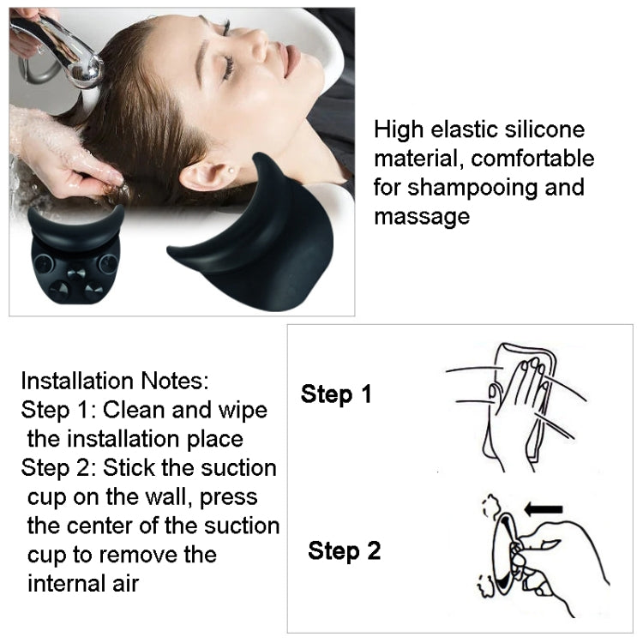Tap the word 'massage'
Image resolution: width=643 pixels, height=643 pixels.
tap(422, 216)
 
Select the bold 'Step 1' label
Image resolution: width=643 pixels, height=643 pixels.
tap(336, 394)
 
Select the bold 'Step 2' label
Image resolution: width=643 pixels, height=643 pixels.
tap(344, 550)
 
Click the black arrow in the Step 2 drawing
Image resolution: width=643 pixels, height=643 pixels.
tap(542, 509)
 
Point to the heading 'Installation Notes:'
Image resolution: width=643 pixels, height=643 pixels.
tap(114, 381)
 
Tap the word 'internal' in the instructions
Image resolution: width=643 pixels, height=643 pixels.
tap(75, 584)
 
